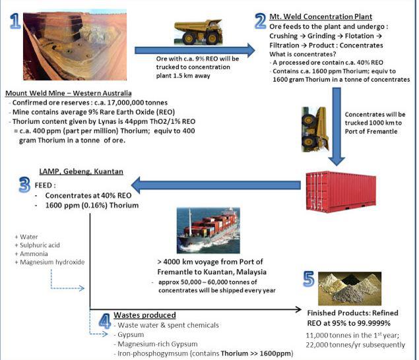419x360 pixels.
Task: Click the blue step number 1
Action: [15, 21]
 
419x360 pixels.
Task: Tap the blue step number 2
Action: [260, 21]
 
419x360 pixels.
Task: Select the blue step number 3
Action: [24, 185]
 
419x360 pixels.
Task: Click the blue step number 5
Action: [309, 279]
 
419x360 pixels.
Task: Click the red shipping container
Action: [341, 191]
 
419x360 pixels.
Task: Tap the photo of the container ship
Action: [209, 231]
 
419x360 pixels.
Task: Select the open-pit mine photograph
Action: [75, 45]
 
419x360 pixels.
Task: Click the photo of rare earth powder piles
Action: [350, 288]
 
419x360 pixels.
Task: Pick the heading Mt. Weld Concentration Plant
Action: [321, 16]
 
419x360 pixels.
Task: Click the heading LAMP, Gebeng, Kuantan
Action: [81, 171]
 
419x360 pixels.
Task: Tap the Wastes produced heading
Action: [145, 315]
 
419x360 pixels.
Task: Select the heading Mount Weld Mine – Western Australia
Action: [69, 93]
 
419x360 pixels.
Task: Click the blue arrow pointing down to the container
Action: [337, 127]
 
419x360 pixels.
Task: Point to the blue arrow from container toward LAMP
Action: [216, 185]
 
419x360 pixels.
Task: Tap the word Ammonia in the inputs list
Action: [34, 254]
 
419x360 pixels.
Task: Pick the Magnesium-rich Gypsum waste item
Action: [158, 344]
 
